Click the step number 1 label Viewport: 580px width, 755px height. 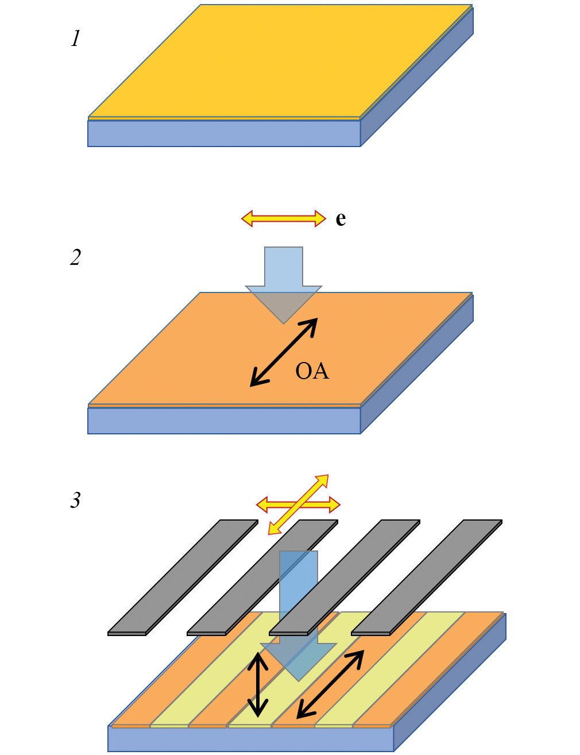coord(75,39)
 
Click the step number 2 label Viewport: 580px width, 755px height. coord(75,257)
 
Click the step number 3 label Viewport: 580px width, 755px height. coord(75,500)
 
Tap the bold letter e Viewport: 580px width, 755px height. coord(341,219)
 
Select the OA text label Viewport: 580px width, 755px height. coord(312,371)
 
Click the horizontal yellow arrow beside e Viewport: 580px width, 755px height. coord(283,218)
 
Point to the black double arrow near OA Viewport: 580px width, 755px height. coord(284,352)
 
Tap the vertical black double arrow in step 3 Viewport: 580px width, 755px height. coord(258,685)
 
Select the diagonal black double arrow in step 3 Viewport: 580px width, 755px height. coord(330,684)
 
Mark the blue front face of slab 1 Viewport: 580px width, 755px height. coord(224,133)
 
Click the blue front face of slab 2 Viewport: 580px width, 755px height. coord(224,421)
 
